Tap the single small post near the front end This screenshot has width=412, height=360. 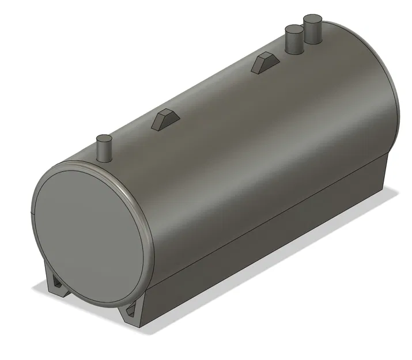point(103,150)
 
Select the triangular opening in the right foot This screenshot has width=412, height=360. point(132,311)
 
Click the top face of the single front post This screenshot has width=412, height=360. point(103,138)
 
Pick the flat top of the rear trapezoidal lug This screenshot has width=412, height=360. point(266,55)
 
